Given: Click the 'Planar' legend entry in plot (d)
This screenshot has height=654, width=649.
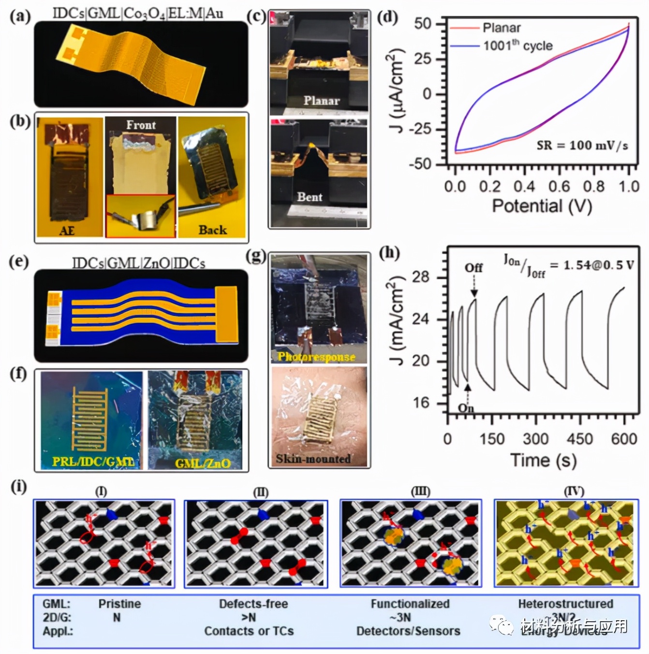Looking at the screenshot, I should point(501,28).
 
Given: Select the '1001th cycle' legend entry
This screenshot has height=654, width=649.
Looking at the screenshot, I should point(517,46).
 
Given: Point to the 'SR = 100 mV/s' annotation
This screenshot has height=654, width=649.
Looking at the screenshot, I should point(582,145).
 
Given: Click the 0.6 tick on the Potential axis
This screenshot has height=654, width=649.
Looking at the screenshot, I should point(559,186).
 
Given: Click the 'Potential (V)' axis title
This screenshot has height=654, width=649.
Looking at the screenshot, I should point(542,206).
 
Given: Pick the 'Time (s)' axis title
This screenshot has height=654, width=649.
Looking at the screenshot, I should point(543,460).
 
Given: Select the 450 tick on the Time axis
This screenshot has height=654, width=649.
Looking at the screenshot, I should point(579,439).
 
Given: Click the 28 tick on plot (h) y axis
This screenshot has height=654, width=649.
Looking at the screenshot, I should point(420,277).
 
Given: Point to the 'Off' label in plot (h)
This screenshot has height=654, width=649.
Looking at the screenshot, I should point(473,268).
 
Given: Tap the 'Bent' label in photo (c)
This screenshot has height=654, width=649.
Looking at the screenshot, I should point(310,197).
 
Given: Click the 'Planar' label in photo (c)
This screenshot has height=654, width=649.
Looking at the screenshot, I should point(321,101).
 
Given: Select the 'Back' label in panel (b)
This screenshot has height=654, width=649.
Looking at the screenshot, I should point(212,230).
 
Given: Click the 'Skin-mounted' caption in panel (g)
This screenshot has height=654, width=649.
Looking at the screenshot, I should point(313,459).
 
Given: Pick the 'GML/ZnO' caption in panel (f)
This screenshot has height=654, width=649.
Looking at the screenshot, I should point(203,463).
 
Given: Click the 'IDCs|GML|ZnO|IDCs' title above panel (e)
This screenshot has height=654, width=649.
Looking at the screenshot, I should point(139,263).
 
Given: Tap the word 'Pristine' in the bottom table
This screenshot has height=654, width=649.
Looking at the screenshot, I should point(119,604).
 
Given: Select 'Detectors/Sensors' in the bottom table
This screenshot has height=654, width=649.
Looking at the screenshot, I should point(408,631).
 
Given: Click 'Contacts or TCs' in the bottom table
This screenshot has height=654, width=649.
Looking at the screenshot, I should point(249,631).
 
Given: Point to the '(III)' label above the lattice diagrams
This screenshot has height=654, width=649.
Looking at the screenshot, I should point(420,492).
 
